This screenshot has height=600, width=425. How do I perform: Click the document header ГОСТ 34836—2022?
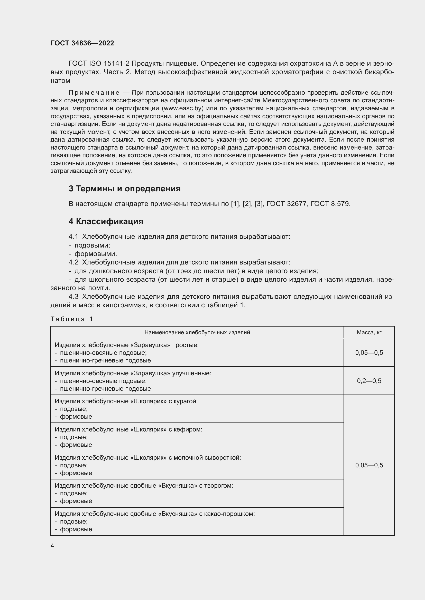[x=82, y=43]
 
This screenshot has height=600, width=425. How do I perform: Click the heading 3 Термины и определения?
[x=125, y=189]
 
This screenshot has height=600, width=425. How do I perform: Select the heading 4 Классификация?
[x=106, y=222]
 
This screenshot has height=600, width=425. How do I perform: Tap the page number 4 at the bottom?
[x=52, y=546]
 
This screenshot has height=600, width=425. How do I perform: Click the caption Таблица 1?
[x=72, y=319]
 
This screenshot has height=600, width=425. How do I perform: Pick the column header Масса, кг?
[x=369, y=332]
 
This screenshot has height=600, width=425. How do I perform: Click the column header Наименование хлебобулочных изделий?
[x=197, y=332]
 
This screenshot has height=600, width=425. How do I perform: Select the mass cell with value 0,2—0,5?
[x=369, y=381]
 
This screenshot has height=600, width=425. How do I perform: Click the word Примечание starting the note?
[x=94, y=93]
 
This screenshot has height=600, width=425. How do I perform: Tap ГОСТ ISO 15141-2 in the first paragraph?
[x=99, y=64]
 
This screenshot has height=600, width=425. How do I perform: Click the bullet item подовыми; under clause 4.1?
[x=92, y=245]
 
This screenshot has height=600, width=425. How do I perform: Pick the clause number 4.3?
[x=73, y=297]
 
